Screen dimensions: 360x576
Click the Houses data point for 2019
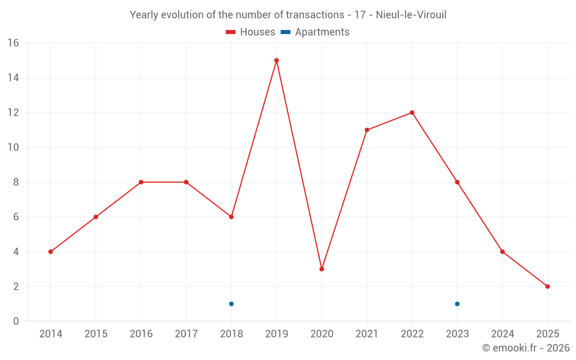pyautogui.click(x=276, y=60)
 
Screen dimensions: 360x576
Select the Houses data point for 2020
pyautogui.click(x=321, y=269)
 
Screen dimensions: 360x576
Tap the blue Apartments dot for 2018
pyautogui.click(x=231, y=304)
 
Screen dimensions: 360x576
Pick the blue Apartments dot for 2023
pyautogui.click(x=457, y=304)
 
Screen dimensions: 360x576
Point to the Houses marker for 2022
pyautogui.click(x=412, y=113)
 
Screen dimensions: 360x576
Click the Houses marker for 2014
pyautogui.click(x=51, y=252)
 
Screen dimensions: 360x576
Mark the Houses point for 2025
pyautogui.click(x=547, y=286)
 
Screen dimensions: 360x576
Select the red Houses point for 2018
pyautogui.click(x=231, y=217)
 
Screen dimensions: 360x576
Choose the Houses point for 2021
pyautogui.click(x=367, y=130)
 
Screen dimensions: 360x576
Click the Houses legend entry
pyautogui.click(x=251, y=32)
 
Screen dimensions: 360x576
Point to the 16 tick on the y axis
pyautogui.click(x=13, y=43)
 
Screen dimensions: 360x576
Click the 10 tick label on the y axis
pyautogui.click(x=13, y=147)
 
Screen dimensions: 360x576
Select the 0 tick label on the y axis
pyautogui.click(x=16, y=321)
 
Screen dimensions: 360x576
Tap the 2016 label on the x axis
pyautogui.click(x=141, y=334)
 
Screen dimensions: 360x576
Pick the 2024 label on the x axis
pyautogui.click(x=502, y=334)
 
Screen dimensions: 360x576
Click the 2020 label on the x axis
pyautogui.click(x=321, y=334)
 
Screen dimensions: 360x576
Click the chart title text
pyautogui.click(x=288, y=15)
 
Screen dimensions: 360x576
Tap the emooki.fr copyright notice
pyautogui.click(x=525, y=348)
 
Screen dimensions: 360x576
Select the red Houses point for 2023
pyautogui.click(x=457, y=182)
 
